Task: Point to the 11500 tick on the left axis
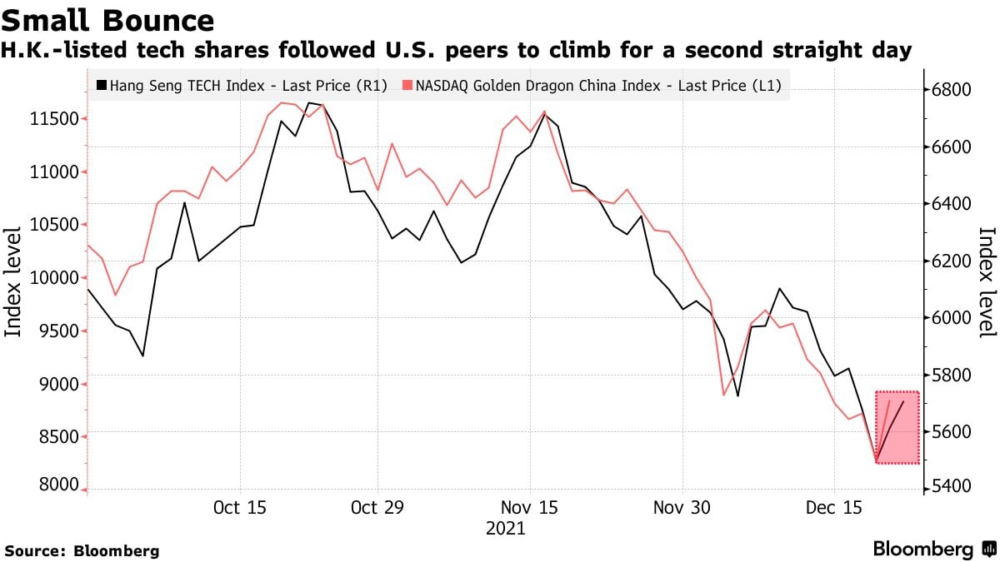click(54, 119)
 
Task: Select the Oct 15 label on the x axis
click(239, 508)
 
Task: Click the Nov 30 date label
click(682, 508)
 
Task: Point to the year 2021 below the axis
click(505, 529)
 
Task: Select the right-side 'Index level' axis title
click(987, 283)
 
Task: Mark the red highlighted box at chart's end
click(897, 427)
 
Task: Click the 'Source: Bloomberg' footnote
click(82, 550)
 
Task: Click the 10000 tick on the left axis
click(54, 278)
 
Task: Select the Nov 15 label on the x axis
click(530, 508)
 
